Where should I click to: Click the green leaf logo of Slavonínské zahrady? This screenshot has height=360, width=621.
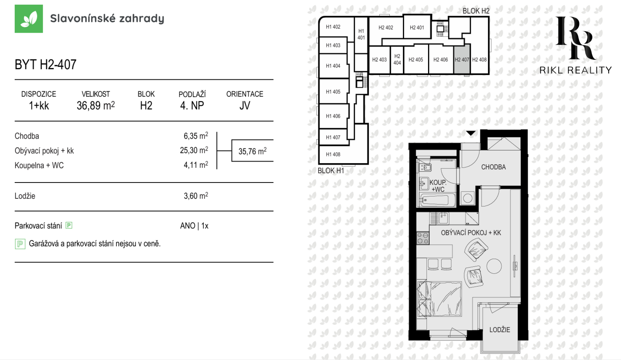[29, 19]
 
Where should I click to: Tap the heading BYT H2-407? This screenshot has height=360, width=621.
[45, 64]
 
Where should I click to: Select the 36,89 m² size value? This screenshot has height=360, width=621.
[95, 106]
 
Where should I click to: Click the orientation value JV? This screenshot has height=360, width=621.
[245, 106]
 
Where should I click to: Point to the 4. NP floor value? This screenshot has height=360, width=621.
[192, 106]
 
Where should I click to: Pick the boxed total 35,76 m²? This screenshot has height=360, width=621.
[253, 151]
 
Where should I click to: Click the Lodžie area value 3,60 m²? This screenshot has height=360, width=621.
[196, 196]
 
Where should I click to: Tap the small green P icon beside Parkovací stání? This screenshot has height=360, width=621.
[69, 226]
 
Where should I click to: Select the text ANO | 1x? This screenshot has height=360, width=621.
[194, 226]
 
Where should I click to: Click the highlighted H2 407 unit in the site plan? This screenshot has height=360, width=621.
[462, 59]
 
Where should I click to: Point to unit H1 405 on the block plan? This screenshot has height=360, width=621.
[333, 92]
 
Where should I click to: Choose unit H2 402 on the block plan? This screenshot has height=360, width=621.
[386, 28]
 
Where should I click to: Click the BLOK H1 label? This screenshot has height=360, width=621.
[331, 170]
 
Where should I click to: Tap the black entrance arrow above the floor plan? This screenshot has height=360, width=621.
[470, 133]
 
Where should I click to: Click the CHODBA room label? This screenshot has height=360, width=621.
[493, 167]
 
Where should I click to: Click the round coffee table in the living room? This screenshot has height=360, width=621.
[494, 266]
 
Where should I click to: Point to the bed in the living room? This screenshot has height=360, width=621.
[440, 299]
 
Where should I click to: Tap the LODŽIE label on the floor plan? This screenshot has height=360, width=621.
[500, 330]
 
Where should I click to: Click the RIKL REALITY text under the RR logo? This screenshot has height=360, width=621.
[576, 70]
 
